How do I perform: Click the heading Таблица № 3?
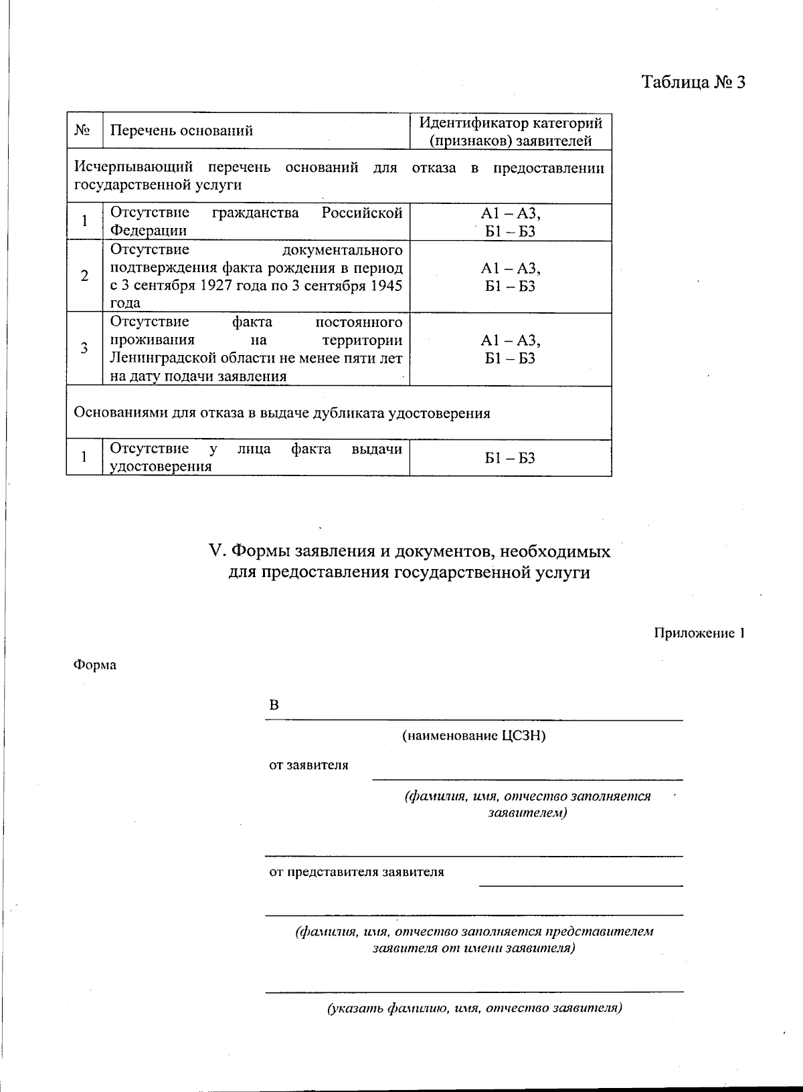(x=693, y=82)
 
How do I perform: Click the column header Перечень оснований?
(x=181, y=130)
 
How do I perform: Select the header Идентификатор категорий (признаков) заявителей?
(x=511, y=132)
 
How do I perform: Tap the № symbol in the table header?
(x=83, y=130)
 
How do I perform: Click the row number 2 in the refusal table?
(x=84, y=276)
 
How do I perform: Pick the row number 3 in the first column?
(x=84, y=348)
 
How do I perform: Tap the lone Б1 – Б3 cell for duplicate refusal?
(x=510, y=458)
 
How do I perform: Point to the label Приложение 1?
(x=699, y=633)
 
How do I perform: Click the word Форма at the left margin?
(x=94, y=665)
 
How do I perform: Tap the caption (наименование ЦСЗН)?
(x=474, y=736)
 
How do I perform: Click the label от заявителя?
(x=308, y=765)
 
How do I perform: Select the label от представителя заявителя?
(x=356, y=872)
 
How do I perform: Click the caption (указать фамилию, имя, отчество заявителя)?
(x=474, y=1008)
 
